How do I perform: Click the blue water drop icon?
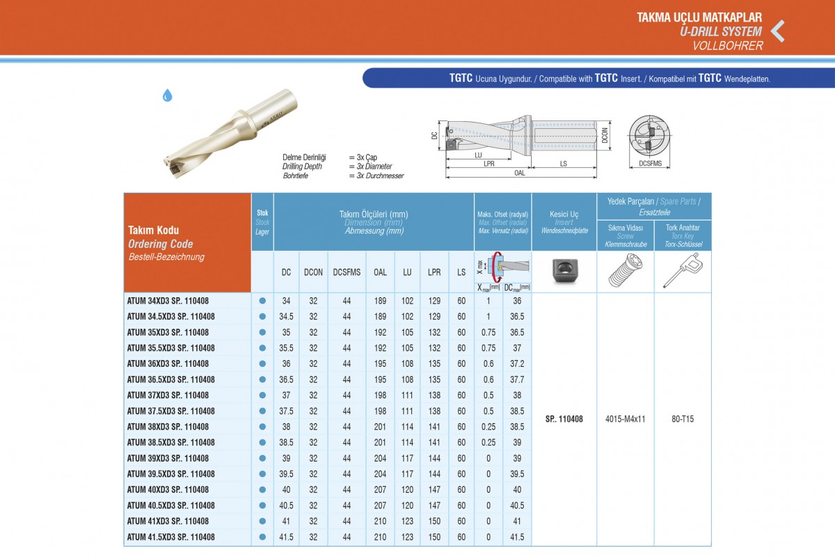point(168,95)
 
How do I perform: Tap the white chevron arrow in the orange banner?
point(778,31)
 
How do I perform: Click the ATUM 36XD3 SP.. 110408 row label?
point(168,363)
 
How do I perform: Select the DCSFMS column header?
point(347,272)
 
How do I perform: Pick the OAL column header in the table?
point(380,272)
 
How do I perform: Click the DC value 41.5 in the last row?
point(286,538)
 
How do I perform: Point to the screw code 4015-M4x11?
point(625,419)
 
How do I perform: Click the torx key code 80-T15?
point(683,419)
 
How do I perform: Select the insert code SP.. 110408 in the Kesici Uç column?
point(564,419)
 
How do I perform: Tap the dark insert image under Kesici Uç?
point(565,270)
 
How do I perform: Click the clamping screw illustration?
point(626,270)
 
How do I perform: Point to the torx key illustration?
point(683,270)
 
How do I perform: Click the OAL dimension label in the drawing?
point(520,173)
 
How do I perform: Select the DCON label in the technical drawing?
point(605,135)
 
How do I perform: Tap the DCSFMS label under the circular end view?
point(650,164)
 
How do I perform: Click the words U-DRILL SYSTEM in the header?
point(721,31)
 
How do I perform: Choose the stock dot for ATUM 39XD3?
point(262,458)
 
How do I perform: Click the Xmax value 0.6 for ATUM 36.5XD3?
point(488,379)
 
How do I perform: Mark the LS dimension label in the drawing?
point(563,164)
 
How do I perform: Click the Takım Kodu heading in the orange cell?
point(153,230)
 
